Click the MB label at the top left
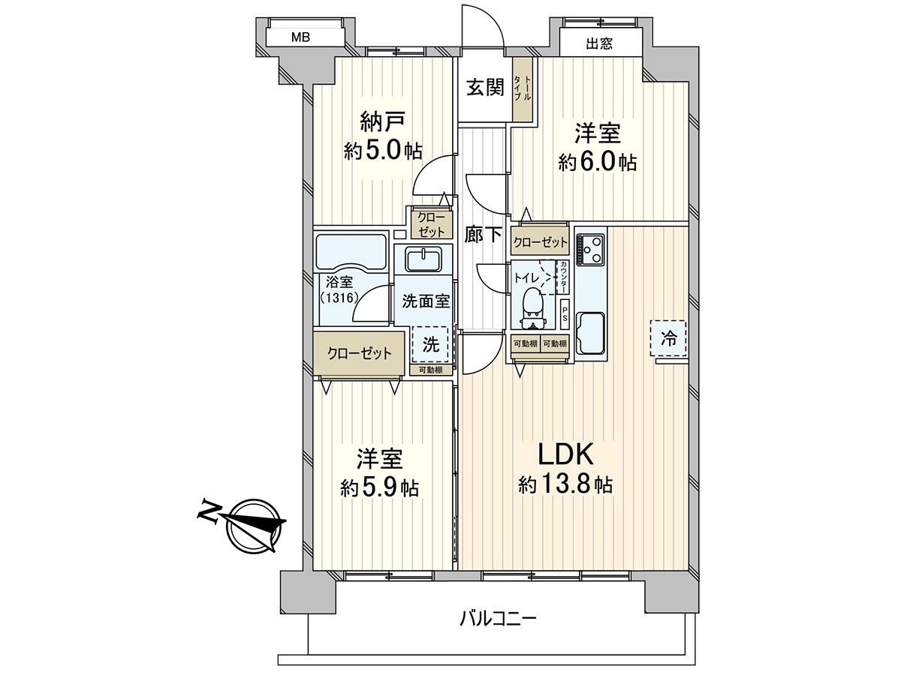click(300, 37)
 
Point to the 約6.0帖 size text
click(598, 162)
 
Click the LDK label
click(565, 454)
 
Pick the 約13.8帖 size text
click(565, 485)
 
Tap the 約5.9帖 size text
click(379, 488)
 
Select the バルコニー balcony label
click(498, 619)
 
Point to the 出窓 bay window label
click(599, 43)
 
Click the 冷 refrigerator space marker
click(667, 338)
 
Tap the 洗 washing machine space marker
click(431, 345)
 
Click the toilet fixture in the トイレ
click(532, 304)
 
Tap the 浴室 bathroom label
click(340, 283)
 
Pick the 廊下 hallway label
click(483, 234)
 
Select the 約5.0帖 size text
click(383, 151)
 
